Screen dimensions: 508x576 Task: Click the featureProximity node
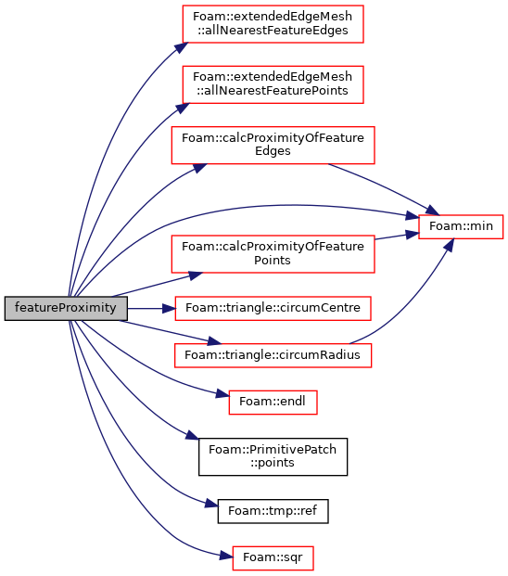click(x=66, y=308)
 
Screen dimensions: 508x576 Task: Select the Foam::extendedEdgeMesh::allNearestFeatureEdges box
click(x=273, y=24)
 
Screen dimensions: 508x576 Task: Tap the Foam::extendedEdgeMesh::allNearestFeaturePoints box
click(x=273, y=84)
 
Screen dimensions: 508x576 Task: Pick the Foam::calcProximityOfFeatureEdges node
click(x=273, y=145)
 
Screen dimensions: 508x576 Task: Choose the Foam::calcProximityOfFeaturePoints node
click(x=273, y=254)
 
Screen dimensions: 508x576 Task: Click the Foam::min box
click(x=461, y=226)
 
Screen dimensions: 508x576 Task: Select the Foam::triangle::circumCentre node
click(x=273, y=308)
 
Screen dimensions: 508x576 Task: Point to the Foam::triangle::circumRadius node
click(x=273, y=355)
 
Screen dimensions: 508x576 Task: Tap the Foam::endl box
click(x=273, y=403)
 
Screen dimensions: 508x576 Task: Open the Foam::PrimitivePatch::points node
click(x=273, y=456)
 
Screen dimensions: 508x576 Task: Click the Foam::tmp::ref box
click(x=273, y=511)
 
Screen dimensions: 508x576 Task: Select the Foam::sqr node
click(x=273, y=558)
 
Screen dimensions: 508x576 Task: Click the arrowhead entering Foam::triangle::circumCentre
click(x=169, y=308)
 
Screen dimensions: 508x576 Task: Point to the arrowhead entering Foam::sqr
click(x=226, y=556)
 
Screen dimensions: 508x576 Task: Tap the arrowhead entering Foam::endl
click(x=222, y=394)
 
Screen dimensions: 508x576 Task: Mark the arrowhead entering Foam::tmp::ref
click(x=211, y=503)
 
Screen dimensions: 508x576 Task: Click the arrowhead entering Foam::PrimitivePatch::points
click(x=192, y=435)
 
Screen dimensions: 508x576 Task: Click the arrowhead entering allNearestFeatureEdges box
click(x=182, y=47)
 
